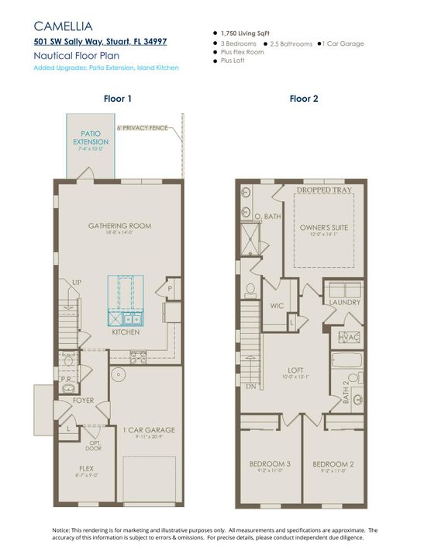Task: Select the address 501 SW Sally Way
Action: tap(99, 41)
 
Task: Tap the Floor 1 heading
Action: tap(118, 99)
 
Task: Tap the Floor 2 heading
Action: tap(303, 99)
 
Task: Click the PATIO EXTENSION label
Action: tap(91, 138)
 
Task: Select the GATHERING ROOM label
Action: tap(119, 226)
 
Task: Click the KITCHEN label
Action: tap(125, 332)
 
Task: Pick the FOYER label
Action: tap(84, 401)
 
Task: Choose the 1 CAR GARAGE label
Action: tap(149, 429)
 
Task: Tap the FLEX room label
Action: tap(86, 468)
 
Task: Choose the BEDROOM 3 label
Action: tap(269, 464)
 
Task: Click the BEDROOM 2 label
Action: tap(333, 464)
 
